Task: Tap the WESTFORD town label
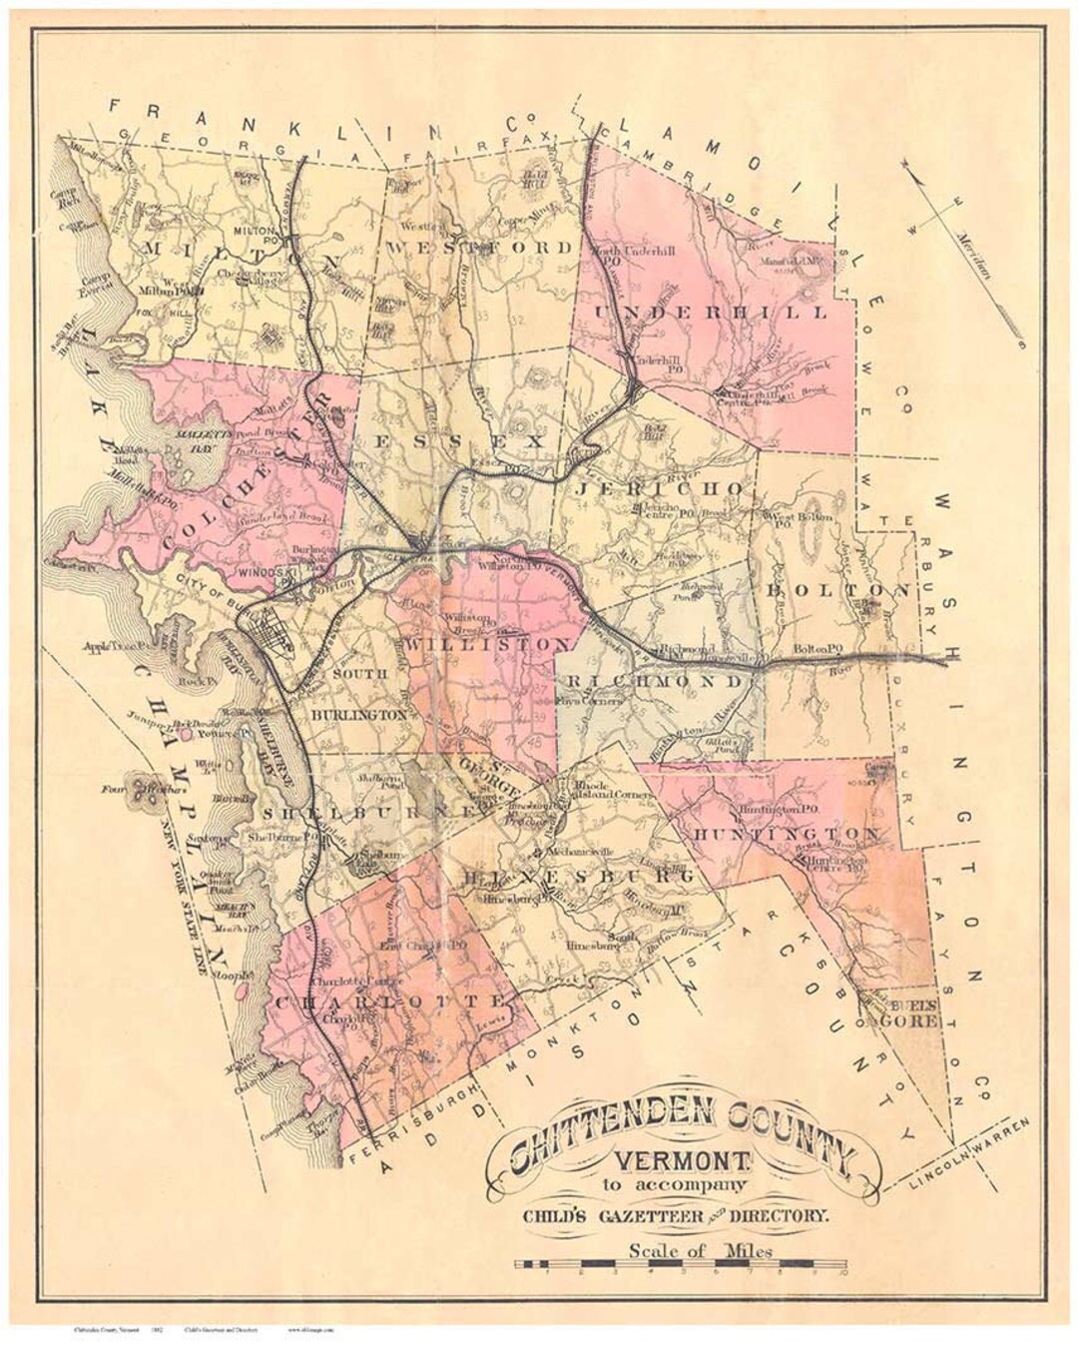[482, 248]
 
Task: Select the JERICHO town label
[661, 488]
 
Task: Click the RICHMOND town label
[655, 682]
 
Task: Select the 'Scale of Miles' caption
[701, 1250]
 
